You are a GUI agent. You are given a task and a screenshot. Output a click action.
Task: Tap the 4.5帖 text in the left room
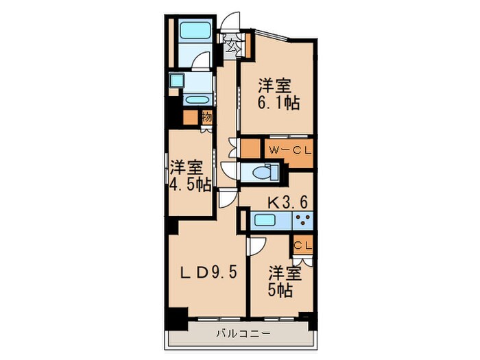click(x=191, y=185)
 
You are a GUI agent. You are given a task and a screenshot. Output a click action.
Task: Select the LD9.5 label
click(x=208, y=271)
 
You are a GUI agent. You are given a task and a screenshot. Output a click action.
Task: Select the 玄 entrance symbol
click(x=232, y=48)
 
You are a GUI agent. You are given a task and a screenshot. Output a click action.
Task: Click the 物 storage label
click(x=206, y=118)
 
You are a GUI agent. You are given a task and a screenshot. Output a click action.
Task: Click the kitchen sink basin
click(x=264, y=221)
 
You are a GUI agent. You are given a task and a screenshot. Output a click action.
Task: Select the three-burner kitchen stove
click(x=302, y=221)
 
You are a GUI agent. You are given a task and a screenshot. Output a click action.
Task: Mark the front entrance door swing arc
click(x=232, y=20)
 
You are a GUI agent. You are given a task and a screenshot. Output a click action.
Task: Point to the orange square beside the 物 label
click(x=191, y=118)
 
